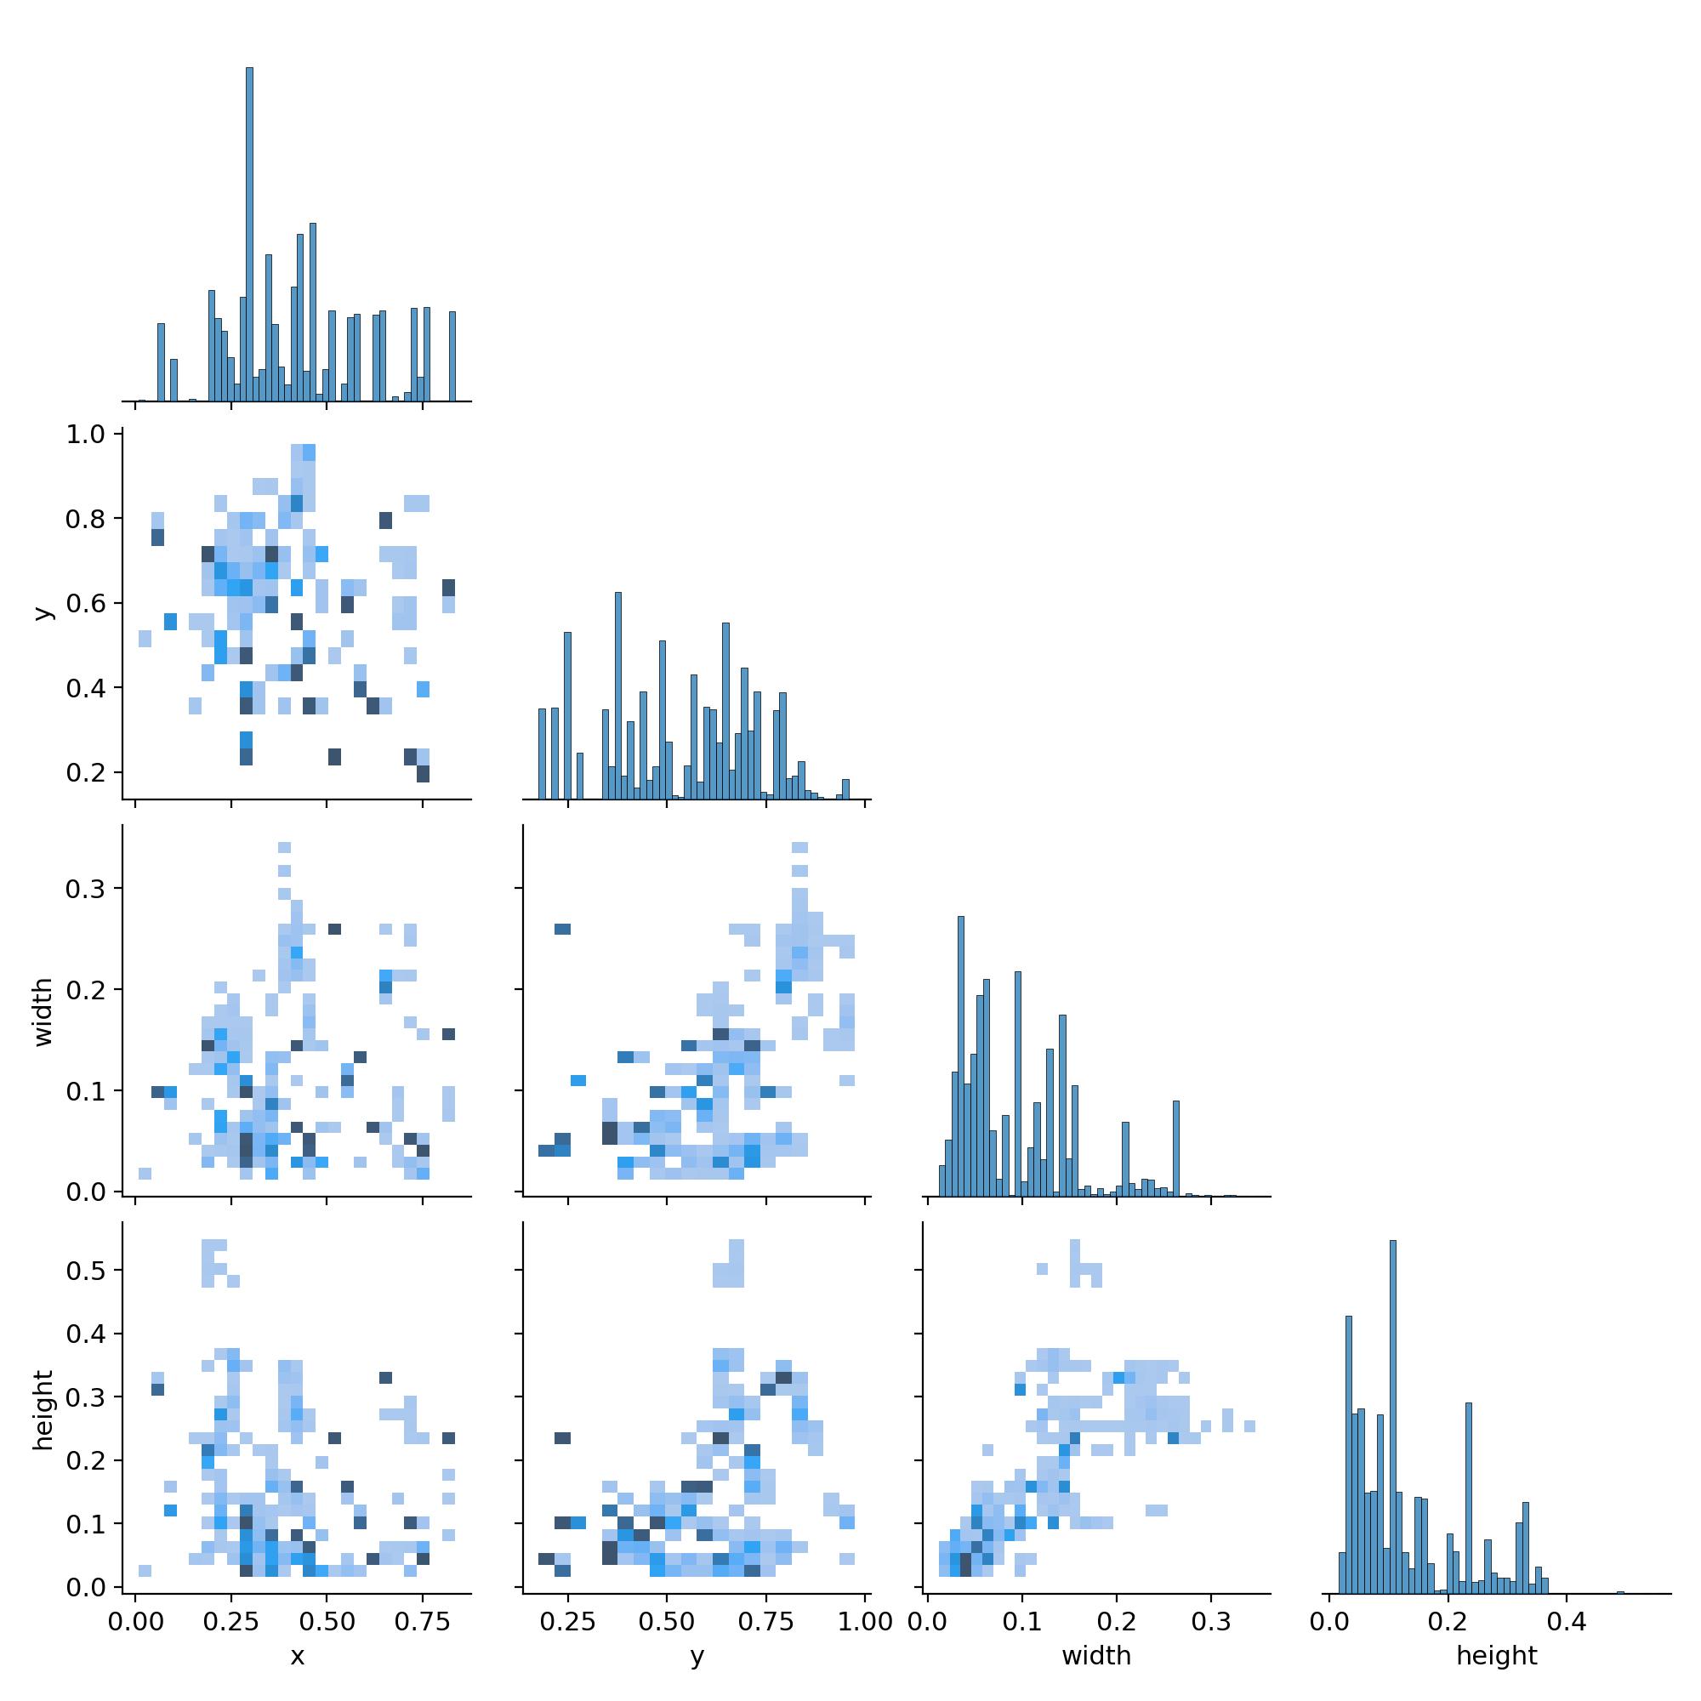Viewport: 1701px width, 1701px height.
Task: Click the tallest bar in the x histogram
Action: click(249, 238)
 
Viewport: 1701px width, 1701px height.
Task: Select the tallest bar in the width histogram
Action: click(960, 1056)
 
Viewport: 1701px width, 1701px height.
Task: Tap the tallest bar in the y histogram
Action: click(618, 696)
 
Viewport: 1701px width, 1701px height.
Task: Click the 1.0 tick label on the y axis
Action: click(84, 435)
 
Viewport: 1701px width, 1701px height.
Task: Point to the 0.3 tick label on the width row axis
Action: click(84, 889)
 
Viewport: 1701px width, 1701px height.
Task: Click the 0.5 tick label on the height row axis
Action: click(84, 1271)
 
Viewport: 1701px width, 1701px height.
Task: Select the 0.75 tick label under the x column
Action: click(423, 1621)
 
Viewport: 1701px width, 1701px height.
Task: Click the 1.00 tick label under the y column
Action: click(866, 1621)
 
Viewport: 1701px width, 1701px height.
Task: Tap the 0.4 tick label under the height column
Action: click(1566, 1621)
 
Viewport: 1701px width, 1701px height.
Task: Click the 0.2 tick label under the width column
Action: click(1117, 1621)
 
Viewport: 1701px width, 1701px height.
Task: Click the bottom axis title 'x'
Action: click(298, 1657)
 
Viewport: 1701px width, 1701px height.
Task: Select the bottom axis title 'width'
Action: click(1096, 1657)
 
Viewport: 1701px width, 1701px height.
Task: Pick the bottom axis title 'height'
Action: click(1497, 1657)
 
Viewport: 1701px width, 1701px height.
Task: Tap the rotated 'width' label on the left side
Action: click(43, 1011)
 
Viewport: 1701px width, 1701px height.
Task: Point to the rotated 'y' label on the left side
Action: click(43, 612)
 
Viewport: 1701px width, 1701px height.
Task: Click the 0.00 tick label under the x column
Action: click(134, 1621)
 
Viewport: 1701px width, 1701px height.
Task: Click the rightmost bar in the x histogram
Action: click(452, 356)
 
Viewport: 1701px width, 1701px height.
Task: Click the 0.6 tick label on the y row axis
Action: click(84, 603)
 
